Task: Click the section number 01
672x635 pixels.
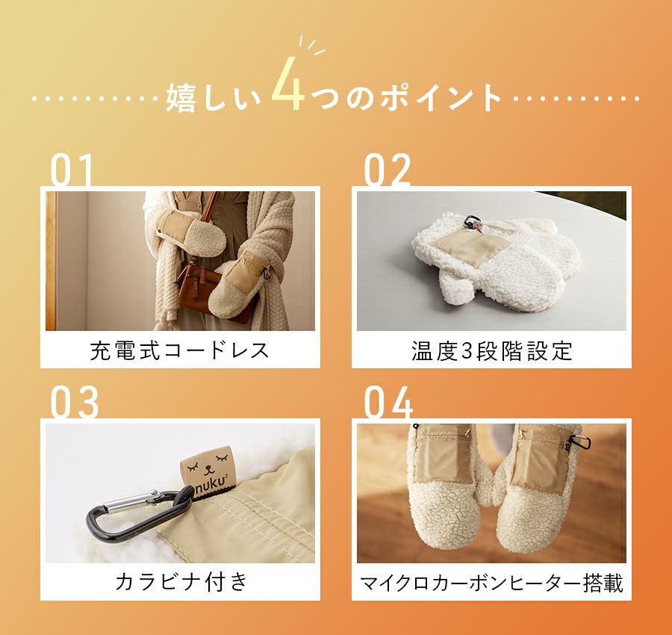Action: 72,170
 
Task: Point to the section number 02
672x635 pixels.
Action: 387,170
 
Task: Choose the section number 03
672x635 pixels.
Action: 75,402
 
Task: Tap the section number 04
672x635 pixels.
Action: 388,402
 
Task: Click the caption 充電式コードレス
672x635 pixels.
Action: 179,350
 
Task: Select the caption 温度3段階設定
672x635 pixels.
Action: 492,350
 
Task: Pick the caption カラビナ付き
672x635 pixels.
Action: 181,582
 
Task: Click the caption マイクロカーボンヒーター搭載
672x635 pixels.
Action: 491,583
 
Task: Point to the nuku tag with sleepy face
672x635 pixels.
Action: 209,471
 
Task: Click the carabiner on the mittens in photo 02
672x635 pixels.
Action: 473,222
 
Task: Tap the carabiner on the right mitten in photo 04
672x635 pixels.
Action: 579,442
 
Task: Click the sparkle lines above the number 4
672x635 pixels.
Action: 311,46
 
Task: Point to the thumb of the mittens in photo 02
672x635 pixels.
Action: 455,288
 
